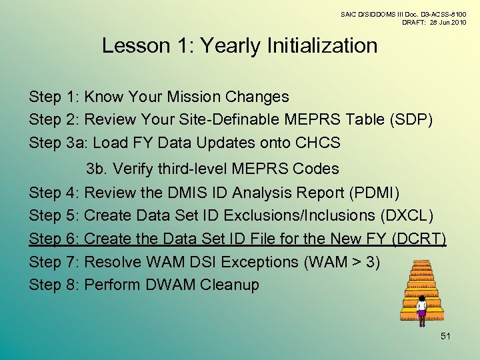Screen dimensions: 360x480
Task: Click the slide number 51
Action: tap(445, 336)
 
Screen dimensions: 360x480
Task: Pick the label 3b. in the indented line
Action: tap(97, 169)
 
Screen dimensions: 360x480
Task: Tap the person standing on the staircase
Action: tap(421, 307)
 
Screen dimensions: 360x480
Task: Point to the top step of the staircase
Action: tap(421, 263)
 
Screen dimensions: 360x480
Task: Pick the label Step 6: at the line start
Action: tap(55, 239)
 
